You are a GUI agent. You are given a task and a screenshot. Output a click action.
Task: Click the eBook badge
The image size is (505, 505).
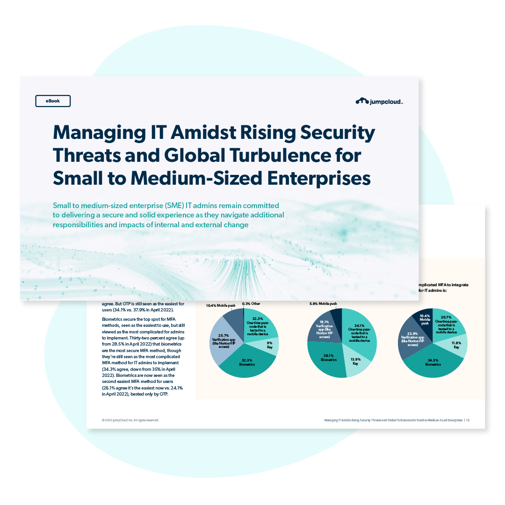pos(53,101)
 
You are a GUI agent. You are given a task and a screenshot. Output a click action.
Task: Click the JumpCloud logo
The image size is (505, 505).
pos(379,101)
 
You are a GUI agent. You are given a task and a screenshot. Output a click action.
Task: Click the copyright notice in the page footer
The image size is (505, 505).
pos(130,420)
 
